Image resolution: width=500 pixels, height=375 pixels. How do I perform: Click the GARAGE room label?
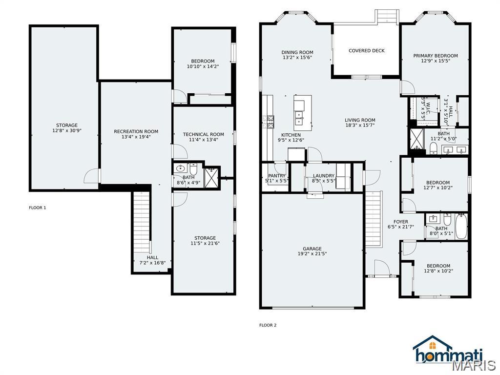[x=312, y=248]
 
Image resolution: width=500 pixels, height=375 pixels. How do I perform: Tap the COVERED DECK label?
[x=366, y=50]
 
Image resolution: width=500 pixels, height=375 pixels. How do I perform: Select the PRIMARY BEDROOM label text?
[x=436, y=56]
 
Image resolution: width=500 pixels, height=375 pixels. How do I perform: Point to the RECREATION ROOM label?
[x=136, y=131]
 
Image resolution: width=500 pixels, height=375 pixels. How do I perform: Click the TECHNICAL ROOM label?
[x=203, y=134]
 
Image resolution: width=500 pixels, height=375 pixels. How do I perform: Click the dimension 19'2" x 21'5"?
[x=312, y=254]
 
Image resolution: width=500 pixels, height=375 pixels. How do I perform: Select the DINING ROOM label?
[x=297, y=52]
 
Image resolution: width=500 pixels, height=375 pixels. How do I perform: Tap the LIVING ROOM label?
[x=360, y=120]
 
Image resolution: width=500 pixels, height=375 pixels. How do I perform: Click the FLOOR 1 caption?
[x=37, y=208]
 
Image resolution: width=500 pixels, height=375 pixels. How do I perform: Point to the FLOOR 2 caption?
[x=268, y=325]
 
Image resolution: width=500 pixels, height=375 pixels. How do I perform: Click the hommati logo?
[x=448, y=351]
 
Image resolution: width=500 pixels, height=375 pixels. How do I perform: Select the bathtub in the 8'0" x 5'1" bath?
[x=461, y=226]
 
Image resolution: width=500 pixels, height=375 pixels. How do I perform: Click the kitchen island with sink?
[x=302, y=112]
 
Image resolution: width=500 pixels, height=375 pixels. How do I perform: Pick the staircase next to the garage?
[x=373, y=220]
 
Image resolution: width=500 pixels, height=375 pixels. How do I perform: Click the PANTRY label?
[x=276, y=176]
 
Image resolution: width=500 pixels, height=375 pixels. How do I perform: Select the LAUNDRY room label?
[x=323, y=176]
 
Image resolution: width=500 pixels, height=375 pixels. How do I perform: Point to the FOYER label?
[x=400, y=222]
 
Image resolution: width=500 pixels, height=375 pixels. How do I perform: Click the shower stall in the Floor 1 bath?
[x=211, y=178]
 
